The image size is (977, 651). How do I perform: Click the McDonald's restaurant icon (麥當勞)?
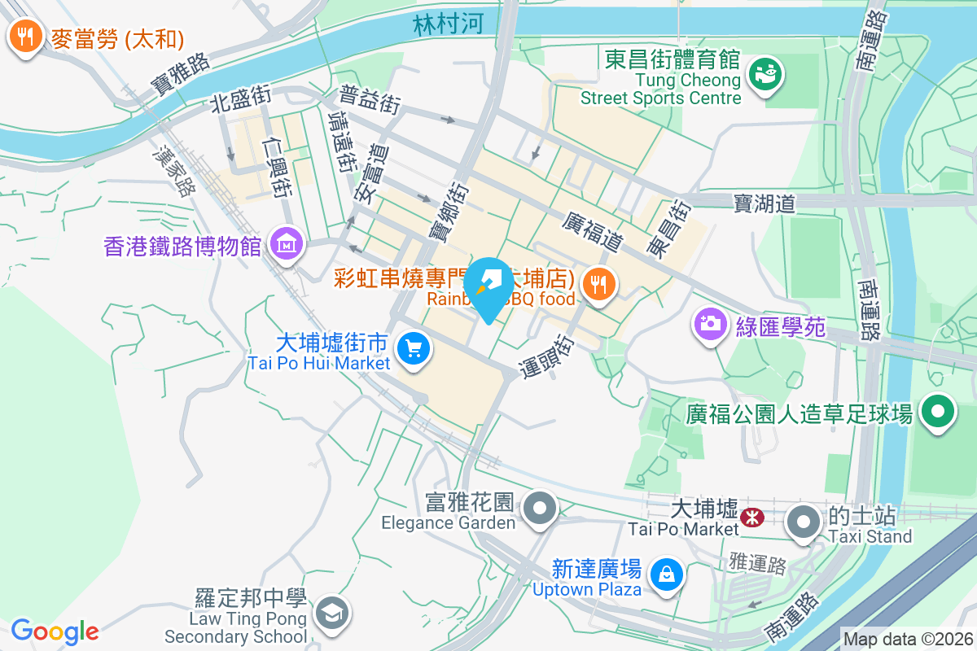[x=26, y=37]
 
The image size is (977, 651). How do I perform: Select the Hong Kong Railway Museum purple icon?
[x=287, y=244]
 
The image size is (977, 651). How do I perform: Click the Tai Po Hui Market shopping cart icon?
[x=414, y=351]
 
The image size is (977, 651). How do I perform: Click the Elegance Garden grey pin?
[x=539, y=509]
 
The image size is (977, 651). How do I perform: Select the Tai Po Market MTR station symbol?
[x=752, y=514]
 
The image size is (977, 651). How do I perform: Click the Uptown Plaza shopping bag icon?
[x=667, y=575]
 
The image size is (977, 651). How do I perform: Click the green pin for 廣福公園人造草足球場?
[x=938, y=412]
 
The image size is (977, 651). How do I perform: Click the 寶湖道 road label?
[x=764, y=203]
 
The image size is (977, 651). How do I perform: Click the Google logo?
[x=55, y=631]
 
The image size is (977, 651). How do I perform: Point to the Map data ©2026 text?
[x=907, y=639]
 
